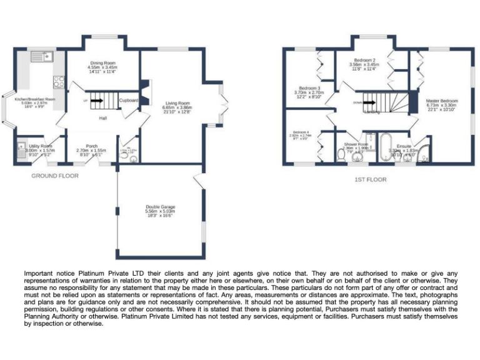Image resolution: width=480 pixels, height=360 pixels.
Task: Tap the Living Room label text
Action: (177, 103)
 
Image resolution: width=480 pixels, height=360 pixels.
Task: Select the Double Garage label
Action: (160, 207)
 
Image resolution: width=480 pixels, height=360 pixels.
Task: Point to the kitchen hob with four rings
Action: (59, 81)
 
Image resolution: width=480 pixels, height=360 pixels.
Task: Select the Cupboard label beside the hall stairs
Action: (129, 100)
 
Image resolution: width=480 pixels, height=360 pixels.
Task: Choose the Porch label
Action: (91, 146)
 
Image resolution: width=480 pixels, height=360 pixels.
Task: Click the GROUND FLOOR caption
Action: (55, 176)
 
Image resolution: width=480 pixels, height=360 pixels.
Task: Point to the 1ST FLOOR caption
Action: (371, 179)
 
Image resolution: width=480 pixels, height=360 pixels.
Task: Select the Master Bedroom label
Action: (442, 101)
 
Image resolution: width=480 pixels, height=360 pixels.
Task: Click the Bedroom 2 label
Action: (364, 60)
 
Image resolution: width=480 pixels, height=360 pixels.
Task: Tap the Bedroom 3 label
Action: (309, 88)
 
